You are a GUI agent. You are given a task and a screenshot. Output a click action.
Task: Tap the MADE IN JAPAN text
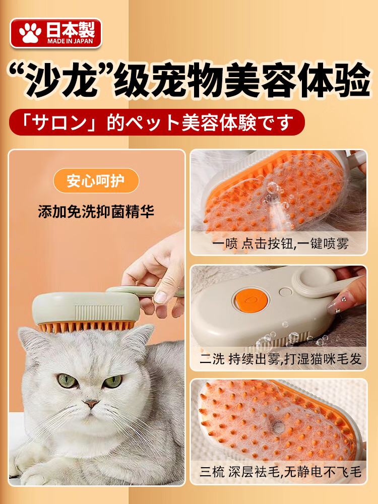70,41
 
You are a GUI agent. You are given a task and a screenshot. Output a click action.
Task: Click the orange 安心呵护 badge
96,180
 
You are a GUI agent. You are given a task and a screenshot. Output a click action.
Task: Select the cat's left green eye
68,381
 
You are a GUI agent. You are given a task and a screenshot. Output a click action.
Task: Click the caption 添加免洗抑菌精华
96,212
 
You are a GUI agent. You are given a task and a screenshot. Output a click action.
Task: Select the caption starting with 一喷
280,243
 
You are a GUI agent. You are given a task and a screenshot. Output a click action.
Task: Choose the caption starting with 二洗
281,359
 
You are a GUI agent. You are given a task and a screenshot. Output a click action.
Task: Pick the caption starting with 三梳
281,472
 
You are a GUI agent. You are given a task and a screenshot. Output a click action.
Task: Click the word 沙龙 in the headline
61,80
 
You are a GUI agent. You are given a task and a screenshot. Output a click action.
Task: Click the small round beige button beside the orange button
285,292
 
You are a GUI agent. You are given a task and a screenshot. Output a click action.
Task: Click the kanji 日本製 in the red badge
71,30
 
